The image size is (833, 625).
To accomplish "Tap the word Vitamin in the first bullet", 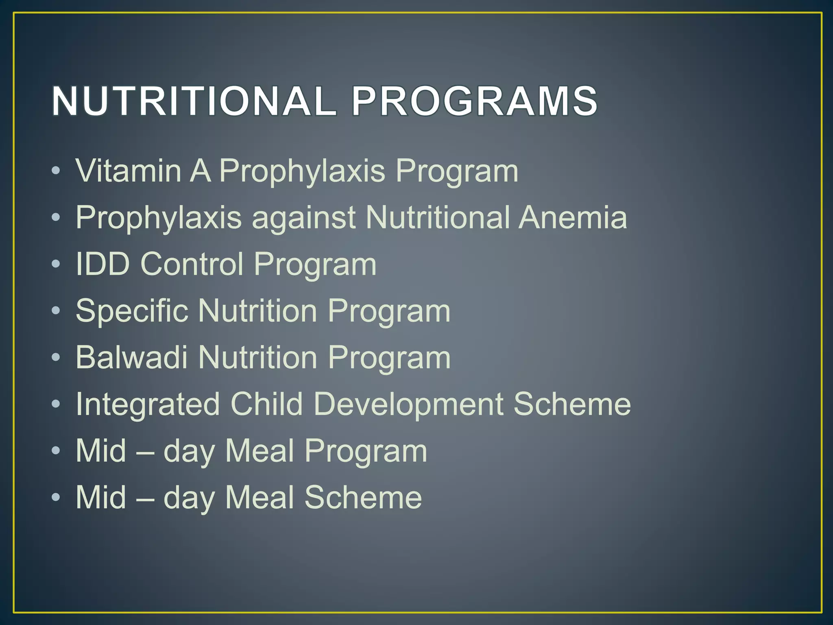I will tap(128, 170).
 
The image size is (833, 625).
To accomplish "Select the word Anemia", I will tap(573, 217).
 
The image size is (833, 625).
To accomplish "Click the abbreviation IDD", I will tap(102, 264).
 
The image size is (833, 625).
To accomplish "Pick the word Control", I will tap(192, 264).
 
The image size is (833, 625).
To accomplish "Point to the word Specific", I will tap(132, 311).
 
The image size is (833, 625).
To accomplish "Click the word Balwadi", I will tap(131, 358).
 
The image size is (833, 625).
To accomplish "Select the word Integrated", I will tap(148, 405).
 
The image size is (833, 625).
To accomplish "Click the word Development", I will tap(408, 405).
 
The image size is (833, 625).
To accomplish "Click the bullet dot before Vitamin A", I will tap(56, 171).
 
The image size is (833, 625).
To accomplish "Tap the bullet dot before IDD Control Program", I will tap(56, 264).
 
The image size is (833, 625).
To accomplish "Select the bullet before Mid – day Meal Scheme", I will tap(56, 497).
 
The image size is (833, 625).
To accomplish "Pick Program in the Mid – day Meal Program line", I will tap(366, 452).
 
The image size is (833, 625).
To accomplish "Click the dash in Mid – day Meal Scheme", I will tap(145, 498).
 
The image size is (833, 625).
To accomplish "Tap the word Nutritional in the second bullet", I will tap(437, 217).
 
